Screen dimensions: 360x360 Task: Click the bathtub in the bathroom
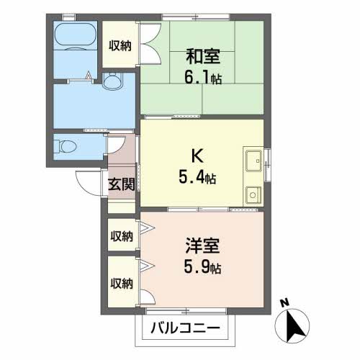coord(76,34)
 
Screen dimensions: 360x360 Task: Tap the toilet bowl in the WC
coord(65,146)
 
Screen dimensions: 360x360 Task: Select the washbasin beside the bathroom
coord(113,81)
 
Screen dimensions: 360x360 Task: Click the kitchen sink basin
coord(253,161)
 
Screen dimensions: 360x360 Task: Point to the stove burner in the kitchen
coord(253,195)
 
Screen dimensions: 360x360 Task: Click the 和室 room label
coord(203,56)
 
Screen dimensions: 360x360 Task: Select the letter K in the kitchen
coord(197,156)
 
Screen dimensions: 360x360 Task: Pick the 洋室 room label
coord(202,246)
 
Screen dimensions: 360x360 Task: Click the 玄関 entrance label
coord(122,184)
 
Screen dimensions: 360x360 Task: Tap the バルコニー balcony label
coord(185,328)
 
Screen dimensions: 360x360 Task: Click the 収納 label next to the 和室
coord(120,45)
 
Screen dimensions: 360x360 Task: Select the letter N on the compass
coord(285,303)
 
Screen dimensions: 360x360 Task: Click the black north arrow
coord(294,325)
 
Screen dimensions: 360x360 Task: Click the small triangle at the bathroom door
coord(89,75)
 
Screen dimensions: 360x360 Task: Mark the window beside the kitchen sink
coord(267,165)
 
